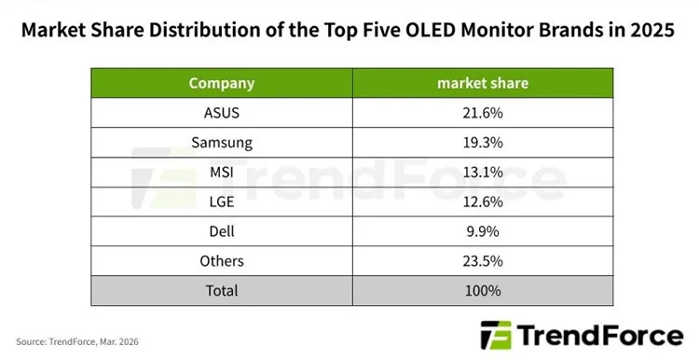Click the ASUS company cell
click(x=221, y=113)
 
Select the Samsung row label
click(x=221, y=143)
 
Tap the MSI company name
click(x=221, y=172)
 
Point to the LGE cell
click(x=221, y=201)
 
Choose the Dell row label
click(x=221, y=231)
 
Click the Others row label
click(x=221, y=261)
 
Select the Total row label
click(x=221, y=291)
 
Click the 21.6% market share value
click(x=483, y=113)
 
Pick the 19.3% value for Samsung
click(x=483, y=143)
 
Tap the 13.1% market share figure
click(x=483, y=172)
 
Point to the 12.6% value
click(x=483, y=201)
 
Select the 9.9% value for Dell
click(x=483, y=231)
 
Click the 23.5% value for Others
click(x=483, y=261)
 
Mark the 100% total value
click(x=483, y=291)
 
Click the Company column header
click(x=221, y=83)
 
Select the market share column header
click(x=483, y=83)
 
